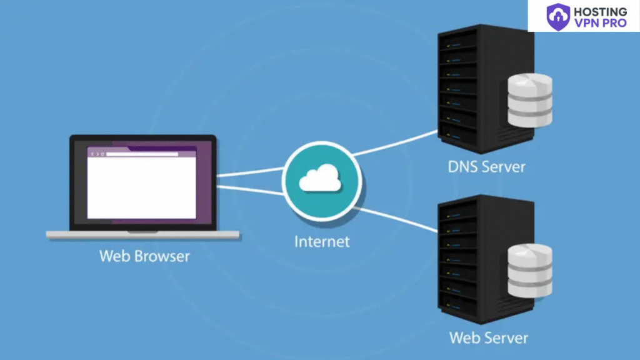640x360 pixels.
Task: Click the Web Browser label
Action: pos(144,256)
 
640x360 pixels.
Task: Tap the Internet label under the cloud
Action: pos(322,241)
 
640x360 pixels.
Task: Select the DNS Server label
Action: pos(486,167)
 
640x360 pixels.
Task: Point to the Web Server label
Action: pos(488,338)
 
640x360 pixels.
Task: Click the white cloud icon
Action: pos(320,180)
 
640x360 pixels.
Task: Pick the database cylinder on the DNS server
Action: pos(530,100)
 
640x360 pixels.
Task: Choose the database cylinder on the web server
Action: pos(530,271)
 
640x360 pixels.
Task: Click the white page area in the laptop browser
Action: pos(141,187)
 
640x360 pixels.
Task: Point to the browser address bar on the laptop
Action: pos(141,154)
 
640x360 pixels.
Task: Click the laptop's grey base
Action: pos(142,235)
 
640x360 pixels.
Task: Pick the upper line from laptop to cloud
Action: pos(250,172)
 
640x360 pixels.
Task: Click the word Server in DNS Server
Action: pos(504,167)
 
